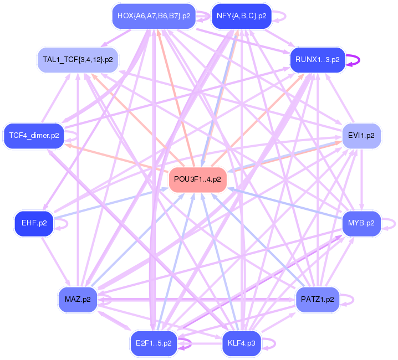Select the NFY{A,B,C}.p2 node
tap(242, 16)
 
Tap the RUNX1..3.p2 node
tap(317, 60)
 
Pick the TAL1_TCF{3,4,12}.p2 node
tap(77, 59)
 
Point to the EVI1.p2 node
tap(361, 135)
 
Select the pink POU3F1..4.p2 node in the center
tap(197, 179)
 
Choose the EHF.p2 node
tap(34, 224)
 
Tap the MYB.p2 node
tap(361, 224)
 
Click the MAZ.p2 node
tap(78, 300)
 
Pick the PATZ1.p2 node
tap(318, 300)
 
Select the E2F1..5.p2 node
tap(154, 343)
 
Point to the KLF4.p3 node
tap(242, 343)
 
